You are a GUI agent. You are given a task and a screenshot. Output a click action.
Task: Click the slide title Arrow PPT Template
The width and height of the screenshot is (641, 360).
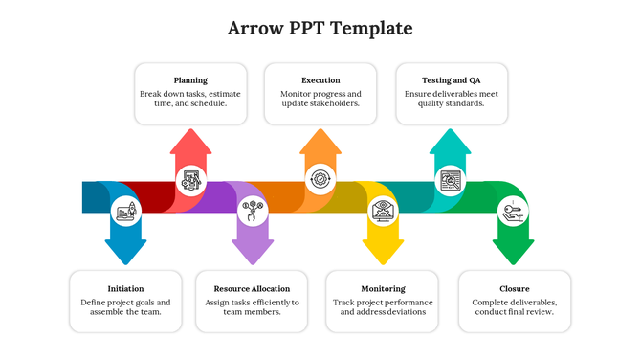(320, 28)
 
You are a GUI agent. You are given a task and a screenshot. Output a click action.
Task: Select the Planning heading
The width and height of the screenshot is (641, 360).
(190, 80)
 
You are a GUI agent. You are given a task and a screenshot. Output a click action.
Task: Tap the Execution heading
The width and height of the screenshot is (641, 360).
(320, 80)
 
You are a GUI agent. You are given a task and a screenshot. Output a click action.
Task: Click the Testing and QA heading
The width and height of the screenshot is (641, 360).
(452, 80)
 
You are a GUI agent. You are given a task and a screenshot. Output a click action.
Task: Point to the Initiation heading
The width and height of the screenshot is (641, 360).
(126, 288)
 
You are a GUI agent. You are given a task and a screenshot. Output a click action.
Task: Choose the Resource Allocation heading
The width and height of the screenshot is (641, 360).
(252, 288)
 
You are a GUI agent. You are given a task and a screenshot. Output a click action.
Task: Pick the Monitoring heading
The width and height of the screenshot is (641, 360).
(382, 288)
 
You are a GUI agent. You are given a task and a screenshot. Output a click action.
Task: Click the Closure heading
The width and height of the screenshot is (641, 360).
(514, 288)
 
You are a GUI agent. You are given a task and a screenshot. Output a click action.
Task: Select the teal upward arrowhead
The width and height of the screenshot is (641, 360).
(450, 144)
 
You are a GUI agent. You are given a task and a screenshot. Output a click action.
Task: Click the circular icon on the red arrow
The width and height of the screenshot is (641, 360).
(190, 179)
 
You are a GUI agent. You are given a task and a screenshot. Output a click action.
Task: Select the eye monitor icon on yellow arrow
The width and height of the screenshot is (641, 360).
(383, 210)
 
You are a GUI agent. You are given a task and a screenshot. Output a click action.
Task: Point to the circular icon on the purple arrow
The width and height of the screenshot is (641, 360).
(253, 210)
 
